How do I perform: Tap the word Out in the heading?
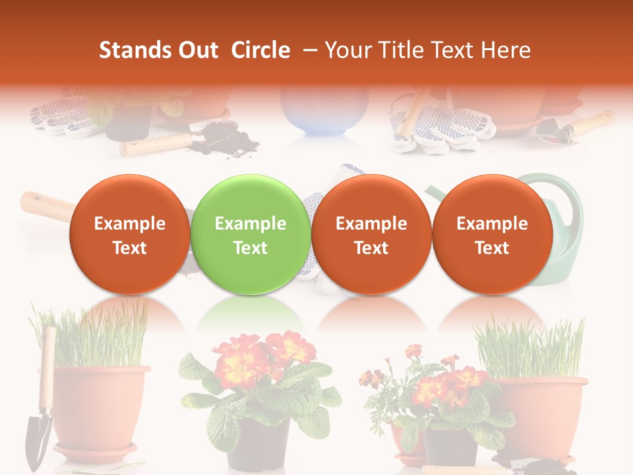[x=197, y=50]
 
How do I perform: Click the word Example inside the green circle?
[x=251, y=224]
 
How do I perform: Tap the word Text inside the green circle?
[x=251, y=248]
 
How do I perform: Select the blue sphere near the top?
[x=324, y=109]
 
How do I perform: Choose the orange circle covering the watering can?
[x=492, y=235]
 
